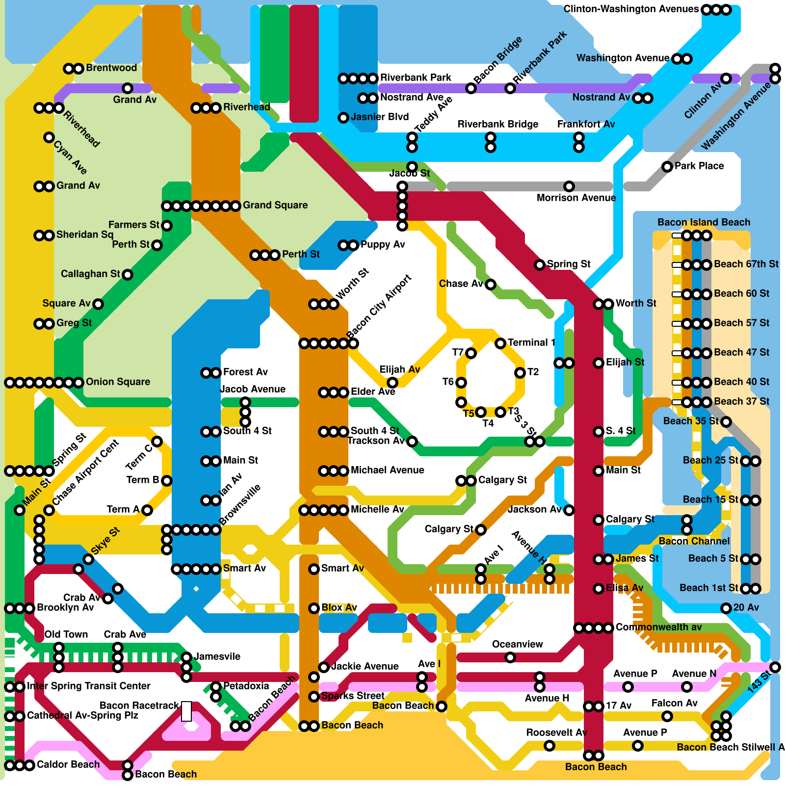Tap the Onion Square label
[118, 382]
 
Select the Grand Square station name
[275, 205]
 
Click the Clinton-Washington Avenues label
[631, 9]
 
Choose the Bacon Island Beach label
[704, 222]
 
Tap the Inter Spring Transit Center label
[88, 686]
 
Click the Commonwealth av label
[658, 627]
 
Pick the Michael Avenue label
[387, 470]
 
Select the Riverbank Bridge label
[498, 124]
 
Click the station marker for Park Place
[667, 167]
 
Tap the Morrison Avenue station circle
[569, 186]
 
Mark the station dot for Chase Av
[491, 285]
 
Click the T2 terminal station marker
[520, 373]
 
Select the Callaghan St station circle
[128, 275]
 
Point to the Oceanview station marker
[510, 657]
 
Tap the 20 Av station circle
[726, 608]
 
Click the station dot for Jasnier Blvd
[343, 118]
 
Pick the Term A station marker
[147, 510]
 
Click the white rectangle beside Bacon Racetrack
[186, 711]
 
